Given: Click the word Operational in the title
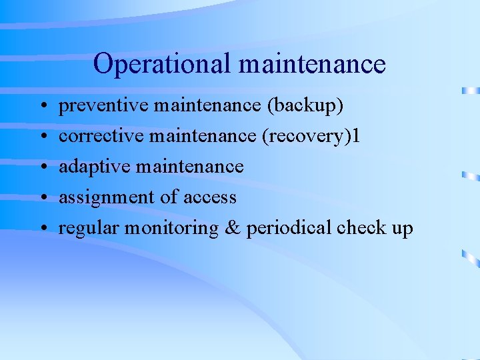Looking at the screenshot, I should pyautogui.click(x=162, y=65).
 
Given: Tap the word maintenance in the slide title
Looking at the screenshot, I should pyautogui.click(x=311, y=65).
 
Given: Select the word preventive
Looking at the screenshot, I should pyautogui.click(x=103, y=105).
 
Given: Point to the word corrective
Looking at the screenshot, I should pyautogui.click(x=101, y=136).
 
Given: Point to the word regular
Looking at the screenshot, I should pyautogui.click(x=87, y=228).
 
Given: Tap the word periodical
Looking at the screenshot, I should pyautogui.click(x=289, y=228).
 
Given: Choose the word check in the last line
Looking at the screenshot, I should pyautogui.click(x=361, y=228).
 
